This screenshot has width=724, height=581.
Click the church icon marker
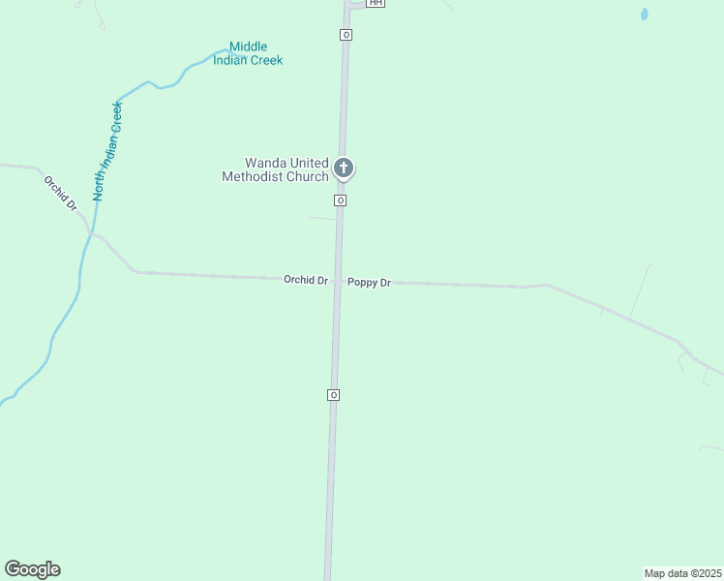[343, 168]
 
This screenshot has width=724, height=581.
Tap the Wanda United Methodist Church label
[276, 169]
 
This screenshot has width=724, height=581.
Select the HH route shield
[376, 4]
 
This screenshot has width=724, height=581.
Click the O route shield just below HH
[346, 35]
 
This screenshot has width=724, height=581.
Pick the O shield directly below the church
[341, 200]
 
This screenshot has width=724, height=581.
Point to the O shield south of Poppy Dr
[333, 395]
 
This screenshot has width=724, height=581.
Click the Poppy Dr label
[369, 283]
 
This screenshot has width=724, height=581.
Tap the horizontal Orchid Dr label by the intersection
[306, 280]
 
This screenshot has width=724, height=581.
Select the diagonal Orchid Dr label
[60, 193]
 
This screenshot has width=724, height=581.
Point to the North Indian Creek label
[108, 150]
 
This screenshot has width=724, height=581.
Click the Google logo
[32, 569]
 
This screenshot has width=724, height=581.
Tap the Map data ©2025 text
[683, 573]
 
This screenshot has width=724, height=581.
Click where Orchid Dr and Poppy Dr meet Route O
[338, 282]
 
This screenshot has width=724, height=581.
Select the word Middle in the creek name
[248, 46]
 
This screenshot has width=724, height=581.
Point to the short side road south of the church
[322, 218]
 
